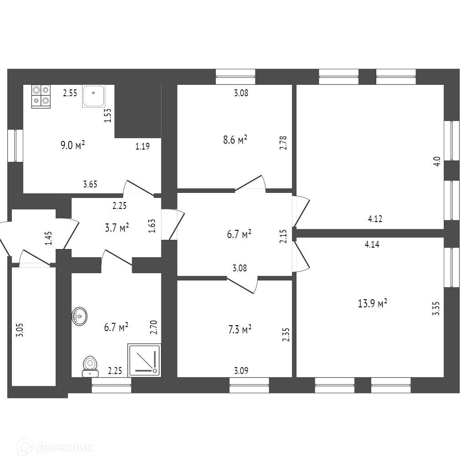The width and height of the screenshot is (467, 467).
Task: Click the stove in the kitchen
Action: tap(41, 96)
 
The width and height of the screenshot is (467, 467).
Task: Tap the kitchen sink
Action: tap(93, 96)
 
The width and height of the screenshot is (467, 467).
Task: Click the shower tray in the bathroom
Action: tap(144, 360)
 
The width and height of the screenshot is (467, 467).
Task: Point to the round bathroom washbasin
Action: tap(80, 316)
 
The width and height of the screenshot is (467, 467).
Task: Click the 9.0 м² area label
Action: tap(73, 145)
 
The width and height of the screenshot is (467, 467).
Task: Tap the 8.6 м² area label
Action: tap(235, 140)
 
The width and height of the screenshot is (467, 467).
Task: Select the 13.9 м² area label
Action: tap(373, 303)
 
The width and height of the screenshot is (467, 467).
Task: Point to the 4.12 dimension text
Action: tap(375, 219)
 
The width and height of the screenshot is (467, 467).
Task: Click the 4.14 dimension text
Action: tap(372, 244)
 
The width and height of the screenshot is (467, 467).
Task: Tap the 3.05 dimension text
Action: tap(19, 329)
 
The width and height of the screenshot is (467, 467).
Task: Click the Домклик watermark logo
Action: tap(55, 447)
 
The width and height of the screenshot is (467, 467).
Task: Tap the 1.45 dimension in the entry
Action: tap(48, 238)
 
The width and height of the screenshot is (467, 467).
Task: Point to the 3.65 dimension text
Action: tap(90, 184)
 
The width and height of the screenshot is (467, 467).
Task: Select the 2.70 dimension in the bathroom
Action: tap(154, 327)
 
